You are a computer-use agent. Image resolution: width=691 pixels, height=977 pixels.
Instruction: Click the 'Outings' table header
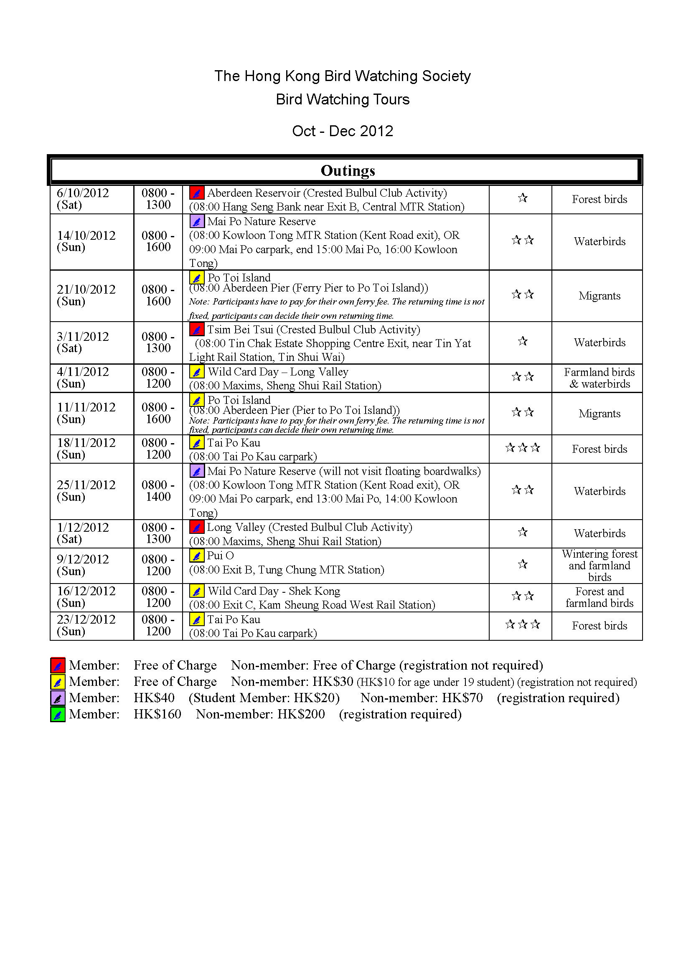[x=348, y=171]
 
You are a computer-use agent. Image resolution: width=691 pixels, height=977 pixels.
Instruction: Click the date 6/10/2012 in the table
[x=83, y=193]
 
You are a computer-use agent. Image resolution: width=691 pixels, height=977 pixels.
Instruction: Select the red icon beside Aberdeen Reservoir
[x=197, y=193]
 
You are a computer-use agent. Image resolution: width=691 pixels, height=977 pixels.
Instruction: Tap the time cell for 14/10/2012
[x=158, y=241]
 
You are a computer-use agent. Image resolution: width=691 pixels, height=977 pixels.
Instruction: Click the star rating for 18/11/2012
[x=523, y=448]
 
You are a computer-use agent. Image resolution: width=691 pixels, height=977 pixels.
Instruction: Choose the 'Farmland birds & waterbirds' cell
[x=599, y=378]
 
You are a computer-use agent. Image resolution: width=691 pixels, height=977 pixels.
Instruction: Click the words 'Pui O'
[x=221, y=556]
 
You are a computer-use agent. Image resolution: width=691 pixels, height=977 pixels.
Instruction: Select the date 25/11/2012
[x=86, y=485]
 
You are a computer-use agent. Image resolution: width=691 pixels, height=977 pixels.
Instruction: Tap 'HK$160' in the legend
[x=158, y=714]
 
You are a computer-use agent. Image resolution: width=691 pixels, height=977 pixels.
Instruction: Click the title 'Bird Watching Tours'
[x=343, y=99]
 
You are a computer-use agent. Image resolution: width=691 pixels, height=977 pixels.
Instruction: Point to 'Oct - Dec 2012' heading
[x=343, y=131]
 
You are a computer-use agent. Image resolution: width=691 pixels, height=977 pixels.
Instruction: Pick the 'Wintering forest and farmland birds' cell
[x=599, y=566]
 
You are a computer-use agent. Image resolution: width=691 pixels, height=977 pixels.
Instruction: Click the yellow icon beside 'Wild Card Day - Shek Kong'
[x=197, y=591]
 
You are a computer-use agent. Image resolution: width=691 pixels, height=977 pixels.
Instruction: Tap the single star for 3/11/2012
[x=523, y=341]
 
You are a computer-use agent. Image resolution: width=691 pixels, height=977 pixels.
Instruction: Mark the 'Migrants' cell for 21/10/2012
[x=599, y=296]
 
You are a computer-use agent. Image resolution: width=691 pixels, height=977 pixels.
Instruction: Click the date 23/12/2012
[x=86, y=619]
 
